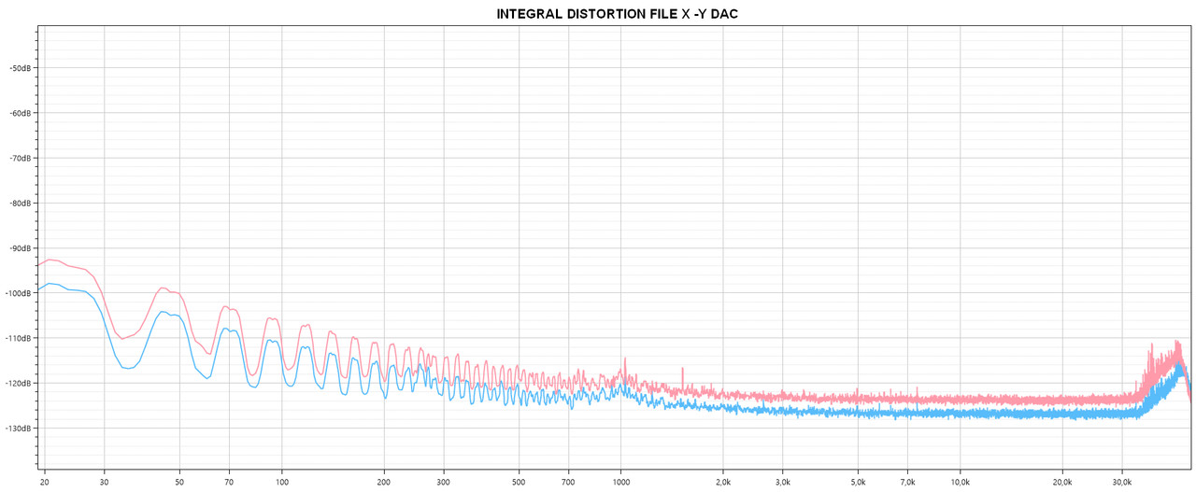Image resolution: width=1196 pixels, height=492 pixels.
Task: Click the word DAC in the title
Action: [723, 15]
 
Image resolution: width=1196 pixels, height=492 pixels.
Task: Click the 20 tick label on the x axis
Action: [44, 482]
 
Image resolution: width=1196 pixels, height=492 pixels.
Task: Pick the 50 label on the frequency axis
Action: [179, 482]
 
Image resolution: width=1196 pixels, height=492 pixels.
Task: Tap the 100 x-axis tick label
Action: [281, 482]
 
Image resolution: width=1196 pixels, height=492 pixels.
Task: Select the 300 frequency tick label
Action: [443, 482]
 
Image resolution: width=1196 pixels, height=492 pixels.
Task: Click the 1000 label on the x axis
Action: [620, 482]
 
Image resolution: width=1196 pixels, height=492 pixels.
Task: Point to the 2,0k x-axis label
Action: [722, 482]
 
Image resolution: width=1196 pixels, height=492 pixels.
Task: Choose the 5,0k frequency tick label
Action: [857, 482]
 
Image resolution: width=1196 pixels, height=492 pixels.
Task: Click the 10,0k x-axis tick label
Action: [959, 482]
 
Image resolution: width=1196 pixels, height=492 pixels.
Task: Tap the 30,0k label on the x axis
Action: [1120, 482]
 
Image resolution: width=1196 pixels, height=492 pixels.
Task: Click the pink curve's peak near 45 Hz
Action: [163, 288]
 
